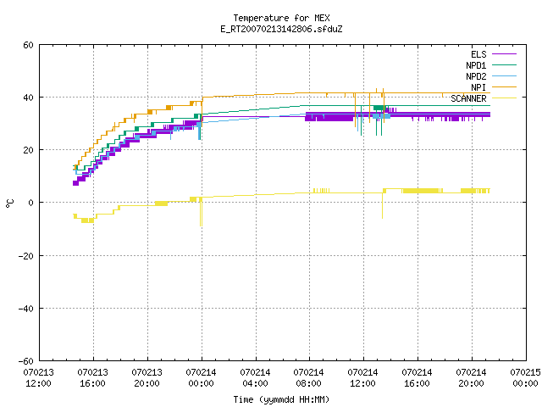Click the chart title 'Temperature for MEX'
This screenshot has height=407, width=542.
(281, 18)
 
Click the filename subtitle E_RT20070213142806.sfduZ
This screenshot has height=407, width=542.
(281, 29)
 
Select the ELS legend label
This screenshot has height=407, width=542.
(478, 54)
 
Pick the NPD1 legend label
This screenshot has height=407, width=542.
(476, 65)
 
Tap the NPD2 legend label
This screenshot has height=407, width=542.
(476, 76)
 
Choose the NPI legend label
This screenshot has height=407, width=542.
(478, 87)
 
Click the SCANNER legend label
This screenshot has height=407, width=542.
(468, 98)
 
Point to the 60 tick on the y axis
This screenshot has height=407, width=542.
(28, 45)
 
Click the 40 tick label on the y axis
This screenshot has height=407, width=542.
(28, 98)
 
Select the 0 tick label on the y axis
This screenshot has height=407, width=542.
(31, 203)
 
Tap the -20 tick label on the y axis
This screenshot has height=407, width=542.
(26, 256)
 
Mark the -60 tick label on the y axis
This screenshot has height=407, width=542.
(26, 361)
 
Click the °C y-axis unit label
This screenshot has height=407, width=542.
(9, 203)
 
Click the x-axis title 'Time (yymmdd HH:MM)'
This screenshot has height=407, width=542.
(281, 399)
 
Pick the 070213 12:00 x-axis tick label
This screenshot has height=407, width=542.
(39, 378)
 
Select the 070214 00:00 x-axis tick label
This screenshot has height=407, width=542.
(202, 378)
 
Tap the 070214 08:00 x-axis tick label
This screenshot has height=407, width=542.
(308, 378)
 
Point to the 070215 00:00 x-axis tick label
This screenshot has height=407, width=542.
(525, 378)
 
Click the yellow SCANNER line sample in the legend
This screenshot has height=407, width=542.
(504, 98)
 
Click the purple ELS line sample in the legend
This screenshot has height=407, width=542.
(504, 54)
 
